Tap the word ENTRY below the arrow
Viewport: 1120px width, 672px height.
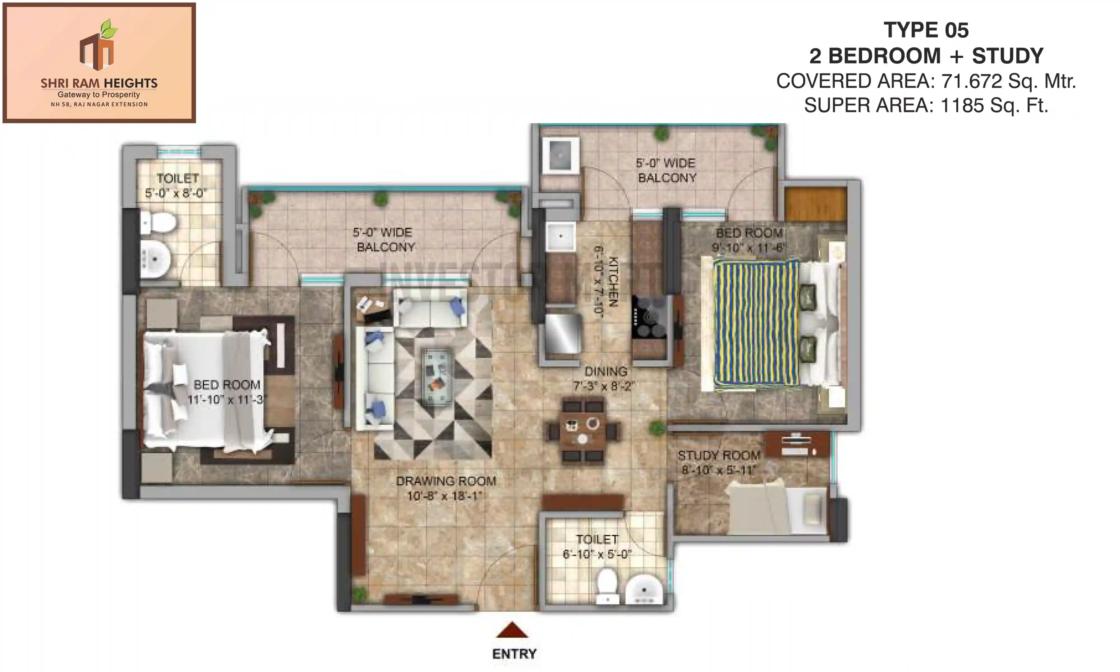coord(514,654)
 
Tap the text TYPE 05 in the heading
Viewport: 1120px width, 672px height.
coord(926,30)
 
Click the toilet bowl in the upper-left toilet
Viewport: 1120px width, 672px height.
coord(158,223)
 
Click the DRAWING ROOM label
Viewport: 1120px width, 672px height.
coord(446,481)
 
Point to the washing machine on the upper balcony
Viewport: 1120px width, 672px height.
coord(561,156)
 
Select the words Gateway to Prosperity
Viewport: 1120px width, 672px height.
coord(99,95)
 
